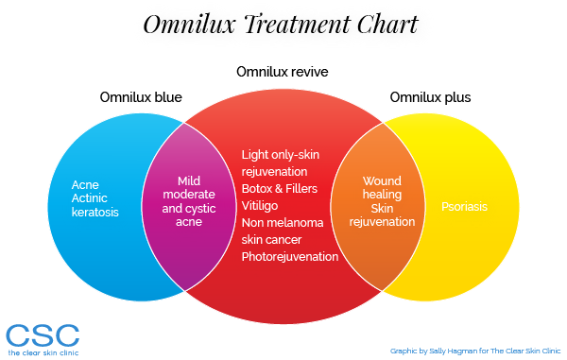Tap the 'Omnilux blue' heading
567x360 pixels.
point(141,97)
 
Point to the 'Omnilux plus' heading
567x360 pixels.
point(429,97)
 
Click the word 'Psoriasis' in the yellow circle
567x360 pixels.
point(464,206)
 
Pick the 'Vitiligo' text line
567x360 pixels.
point(262,205)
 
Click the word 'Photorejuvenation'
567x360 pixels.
point(290,256)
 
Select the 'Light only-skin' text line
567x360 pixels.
point(282,154)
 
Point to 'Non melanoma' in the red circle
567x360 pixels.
point(283,222)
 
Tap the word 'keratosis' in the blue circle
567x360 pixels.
point(95,213)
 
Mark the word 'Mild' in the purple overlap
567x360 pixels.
point(190,180)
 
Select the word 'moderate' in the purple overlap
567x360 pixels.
point(190,195)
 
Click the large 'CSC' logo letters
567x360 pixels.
point(42,334)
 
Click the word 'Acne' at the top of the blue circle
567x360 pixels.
point(86,183)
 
